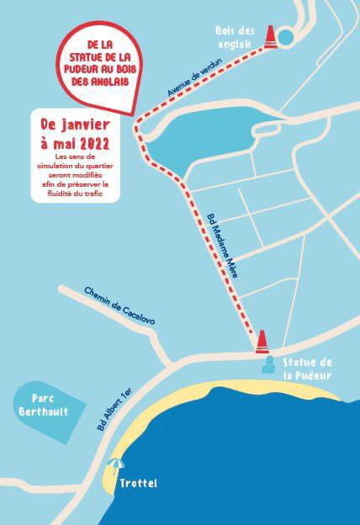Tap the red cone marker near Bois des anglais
click(x=271, y=36)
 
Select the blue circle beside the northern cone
click(x=286, y=37)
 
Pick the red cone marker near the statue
click(x=263, y=340)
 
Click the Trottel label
click(x=139, y=484)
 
